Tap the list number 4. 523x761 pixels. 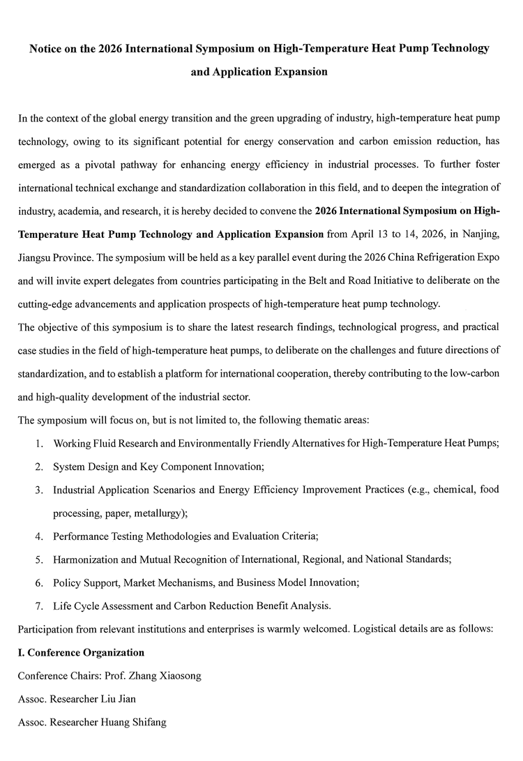[40, 536]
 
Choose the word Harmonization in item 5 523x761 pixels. [86, 559]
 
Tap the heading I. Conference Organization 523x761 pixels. [81, 652]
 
